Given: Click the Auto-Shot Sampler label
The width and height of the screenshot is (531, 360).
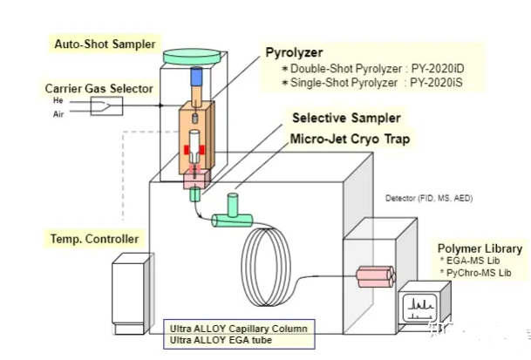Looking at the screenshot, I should tap(105, 43).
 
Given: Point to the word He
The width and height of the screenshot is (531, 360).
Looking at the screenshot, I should tap(58, 100).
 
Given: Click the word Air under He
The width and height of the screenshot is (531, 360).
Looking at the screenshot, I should tap(58, 112).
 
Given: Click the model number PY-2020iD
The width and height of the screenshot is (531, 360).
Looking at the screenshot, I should tap(439, 67).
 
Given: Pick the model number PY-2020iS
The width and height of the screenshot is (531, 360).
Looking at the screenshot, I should tap(439, 81).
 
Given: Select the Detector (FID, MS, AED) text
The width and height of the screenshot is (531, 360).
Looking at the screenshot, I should tap(429, 198).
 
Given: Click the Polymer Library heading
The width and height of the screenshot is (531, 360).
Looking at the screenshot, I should tap(480, 248).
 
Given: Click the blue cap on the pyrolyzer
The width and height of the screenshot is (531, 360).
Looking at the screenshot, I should tap(195, 76).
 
